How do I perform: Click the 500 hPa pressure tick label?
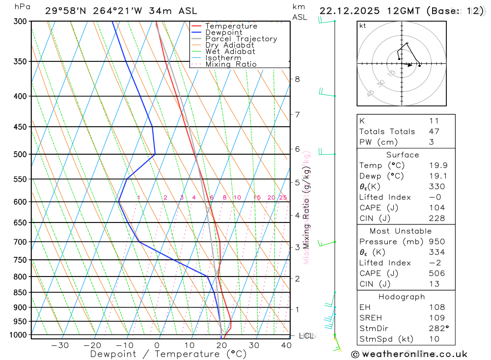(20, 154)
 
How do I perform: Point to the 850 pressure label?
(20, 293)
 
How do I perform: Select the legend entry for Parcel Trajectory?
(241, 39)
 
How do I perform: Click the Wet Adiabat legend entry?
(230, 52)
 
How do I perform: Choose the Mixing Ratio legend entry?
(231, 64)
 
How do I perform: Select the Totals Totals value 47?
(434, 132)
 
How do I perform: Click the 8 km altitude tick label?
(297, 79)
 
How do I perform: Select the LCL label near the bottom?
(306, 336)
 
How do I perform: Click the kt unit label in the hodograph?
(363, 26)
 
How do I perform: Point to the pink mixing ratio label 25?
(283, 197)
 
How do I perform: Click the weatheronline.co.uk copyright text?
(409, 354)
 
